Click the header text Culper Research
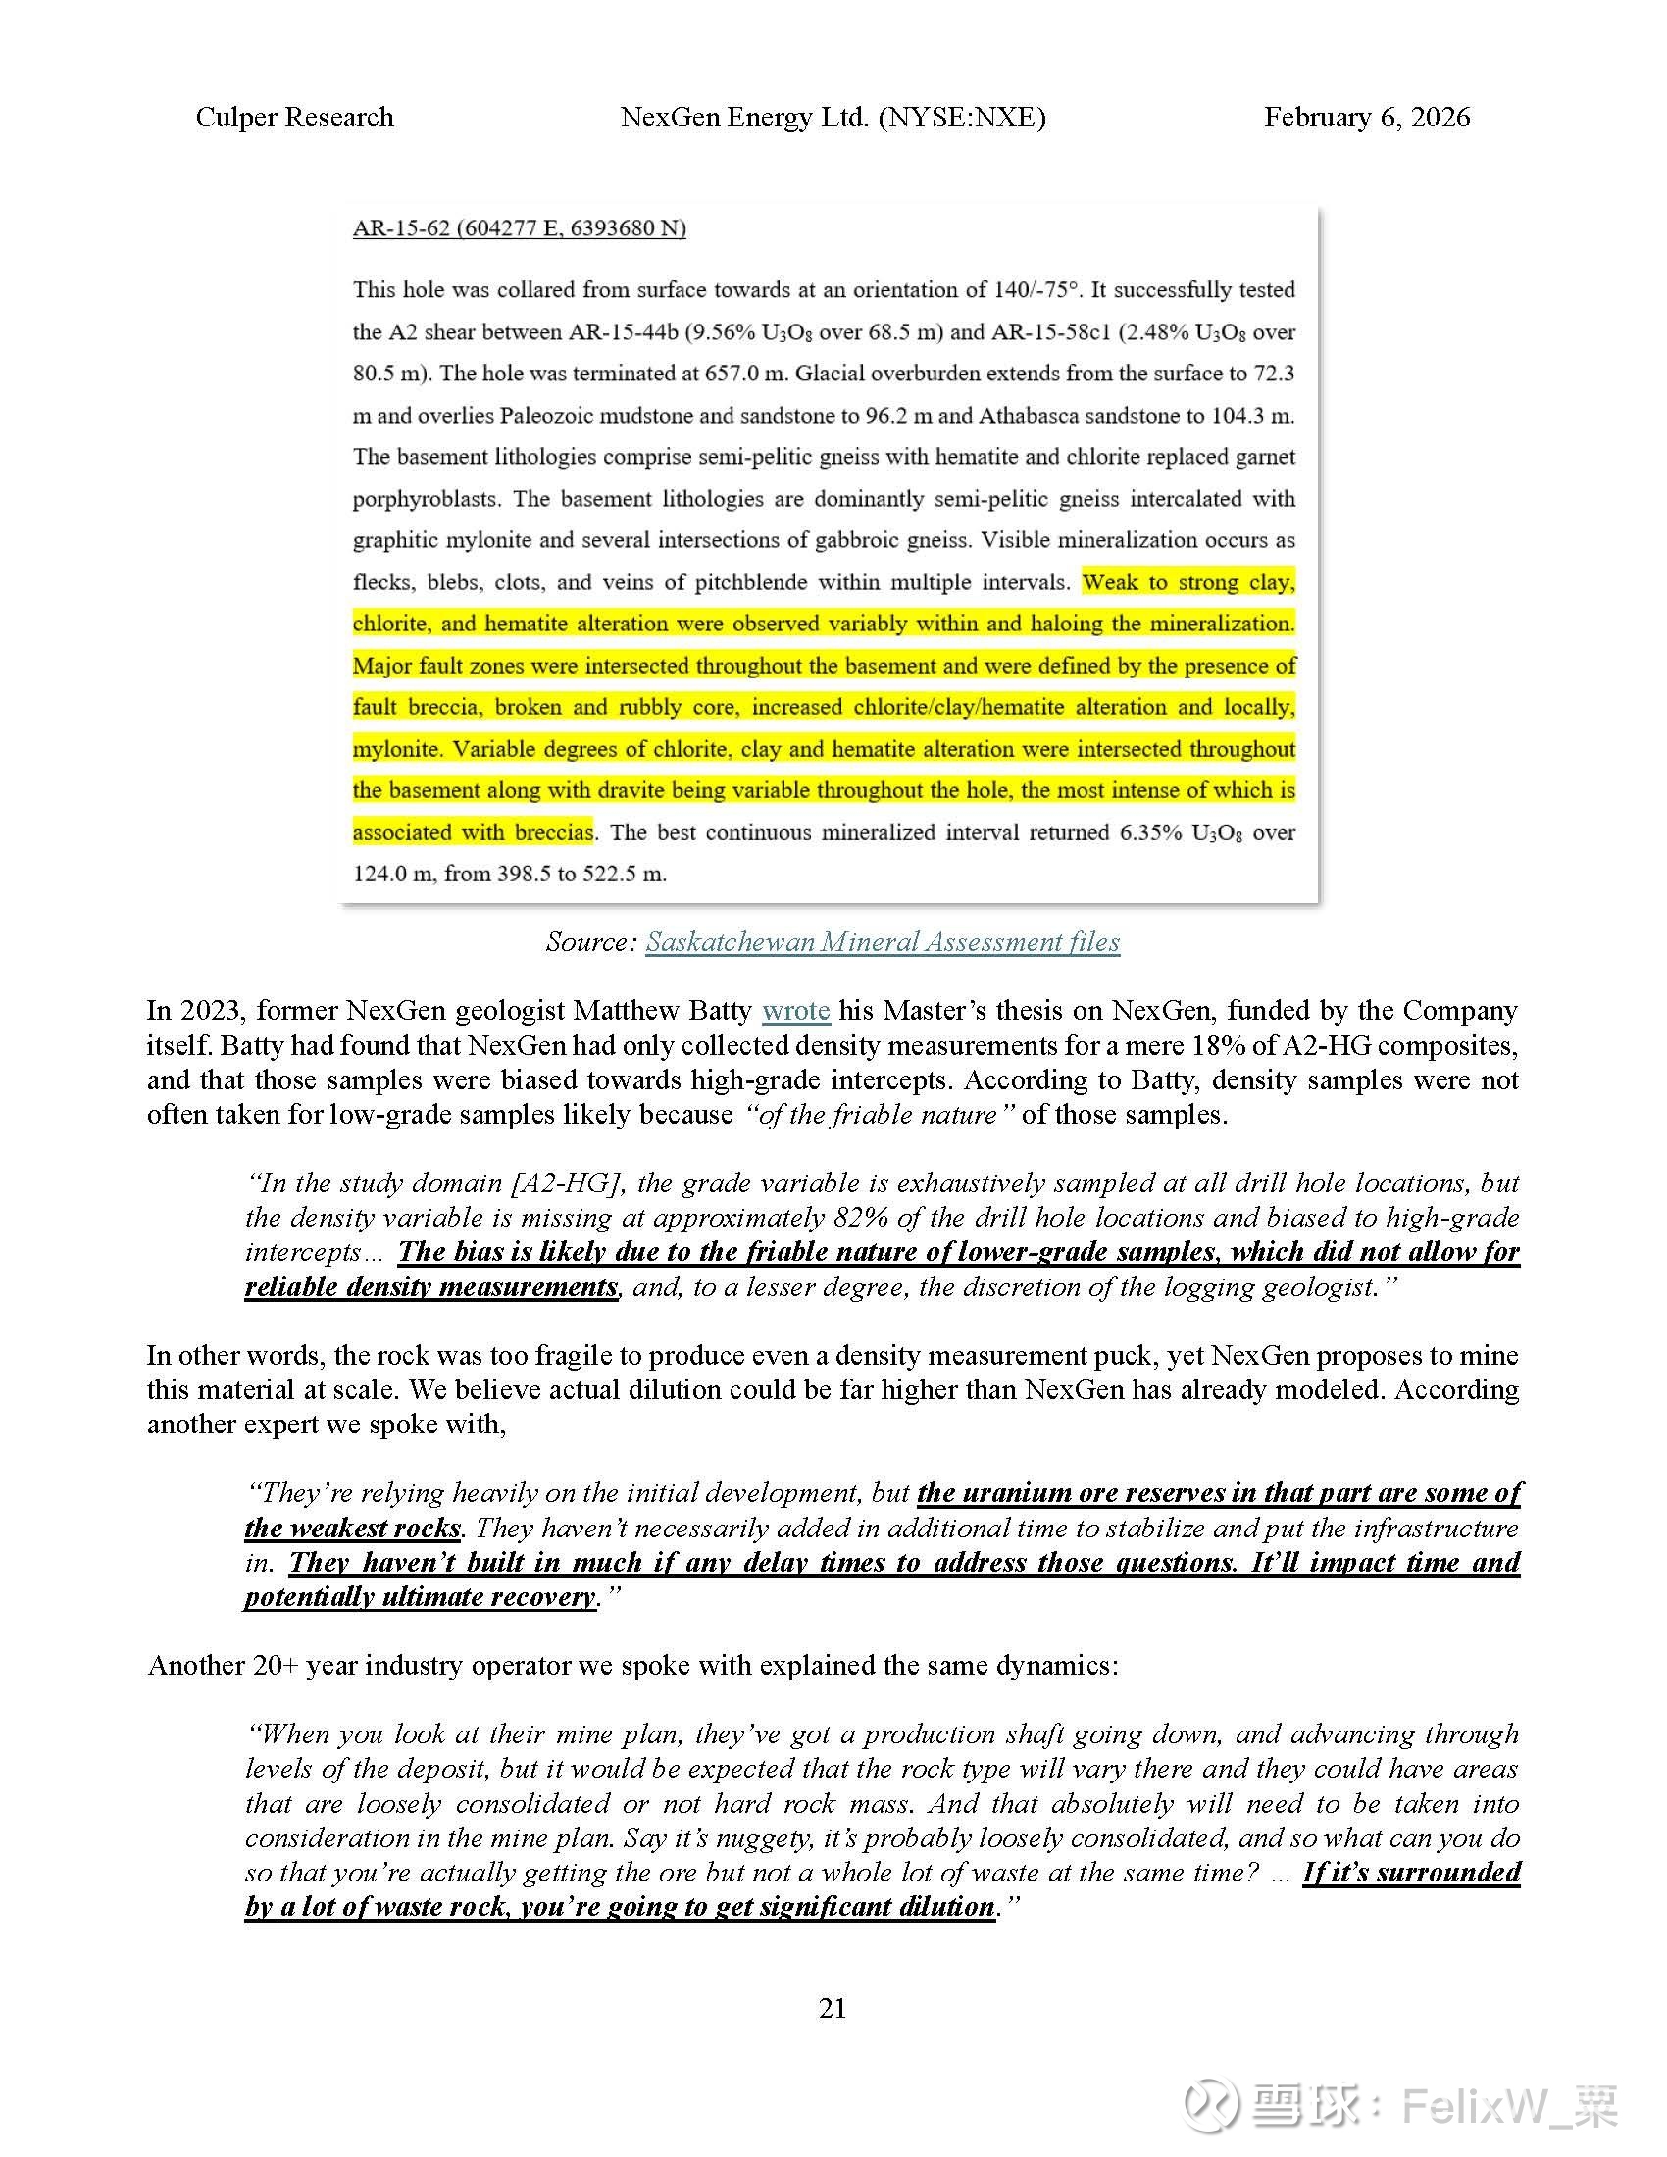coord(294,118)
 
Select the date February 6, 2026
coord(1366,118)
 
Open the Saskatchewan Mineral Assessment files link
coord(882,941)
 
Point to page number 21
coord(833,2008)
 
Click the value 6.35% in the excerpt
coord(1149,831)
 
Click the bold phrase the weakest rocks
coord(353,1528)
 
